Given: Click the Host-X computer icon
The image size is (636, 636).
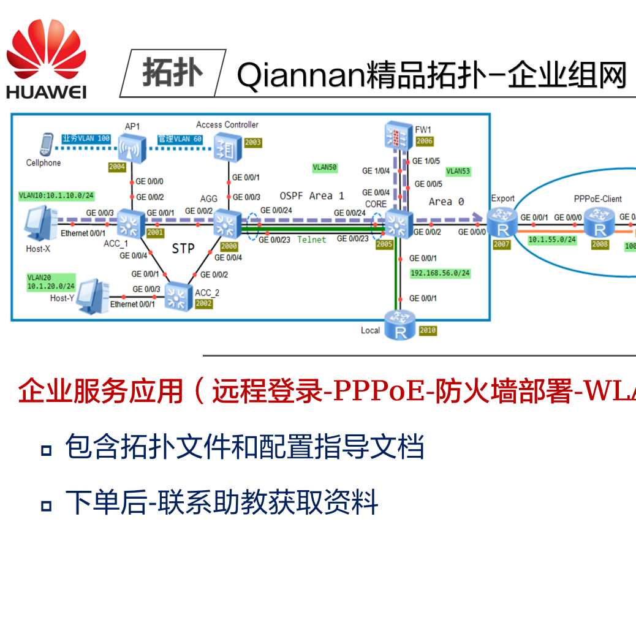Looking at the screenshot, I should coord(40,224).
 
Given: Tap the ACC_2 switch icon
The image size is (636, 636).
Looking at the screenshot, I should coord(178,297).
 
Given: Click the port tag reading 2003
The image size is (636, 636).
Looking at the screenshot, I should coord(253,142).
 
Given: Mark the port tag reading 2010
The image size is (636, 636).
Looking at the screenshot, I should coord(428,330).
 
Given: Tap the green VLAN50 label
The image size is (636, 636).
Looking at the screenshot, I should coord(325,167).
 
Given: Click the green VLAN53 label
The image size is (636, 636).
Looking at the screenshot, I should coord(458,172).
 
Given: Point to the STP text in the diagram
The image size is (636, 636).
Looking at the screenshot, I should coord(183,248).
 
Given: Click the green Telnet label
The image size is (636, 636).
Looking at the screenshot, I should coord(312,240).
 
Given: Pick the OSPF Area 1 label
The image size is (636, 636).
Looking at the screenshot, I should coord(312,196).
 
